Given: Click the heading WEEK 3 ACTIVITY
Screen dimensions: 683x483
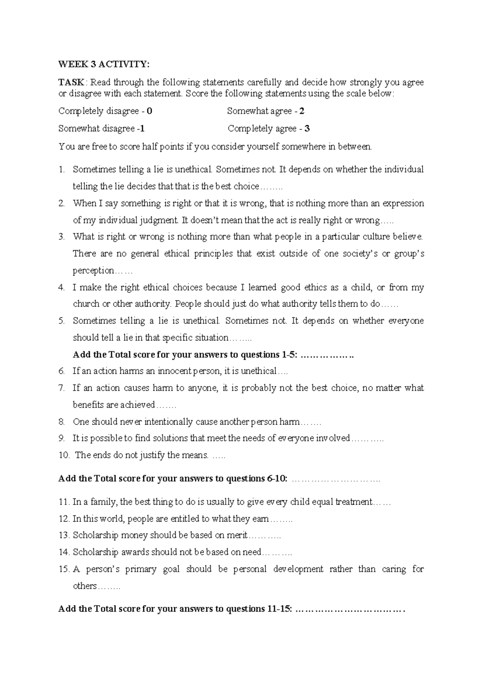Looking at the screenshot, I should pos(103,64).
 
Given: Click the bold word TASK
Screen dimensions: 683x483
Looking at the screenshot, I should pos(71,83).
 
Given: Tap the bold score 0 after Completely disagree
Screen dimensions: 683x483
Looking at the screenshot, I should pos(150,111).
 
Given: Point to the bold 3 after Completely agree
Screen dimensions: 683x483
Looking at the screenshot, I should pos(307,129).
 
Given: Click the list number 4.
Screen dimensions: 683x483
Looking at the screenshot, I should pos(62,288).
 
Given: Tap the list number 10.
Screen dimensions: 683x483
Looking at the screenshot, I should pos(64,455).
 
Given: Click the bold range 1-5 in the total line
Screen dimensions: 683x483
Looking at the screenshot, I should pos(288,355).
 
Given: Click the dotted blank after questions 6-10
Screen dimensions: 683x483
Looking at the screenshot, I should pos(335,479).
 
